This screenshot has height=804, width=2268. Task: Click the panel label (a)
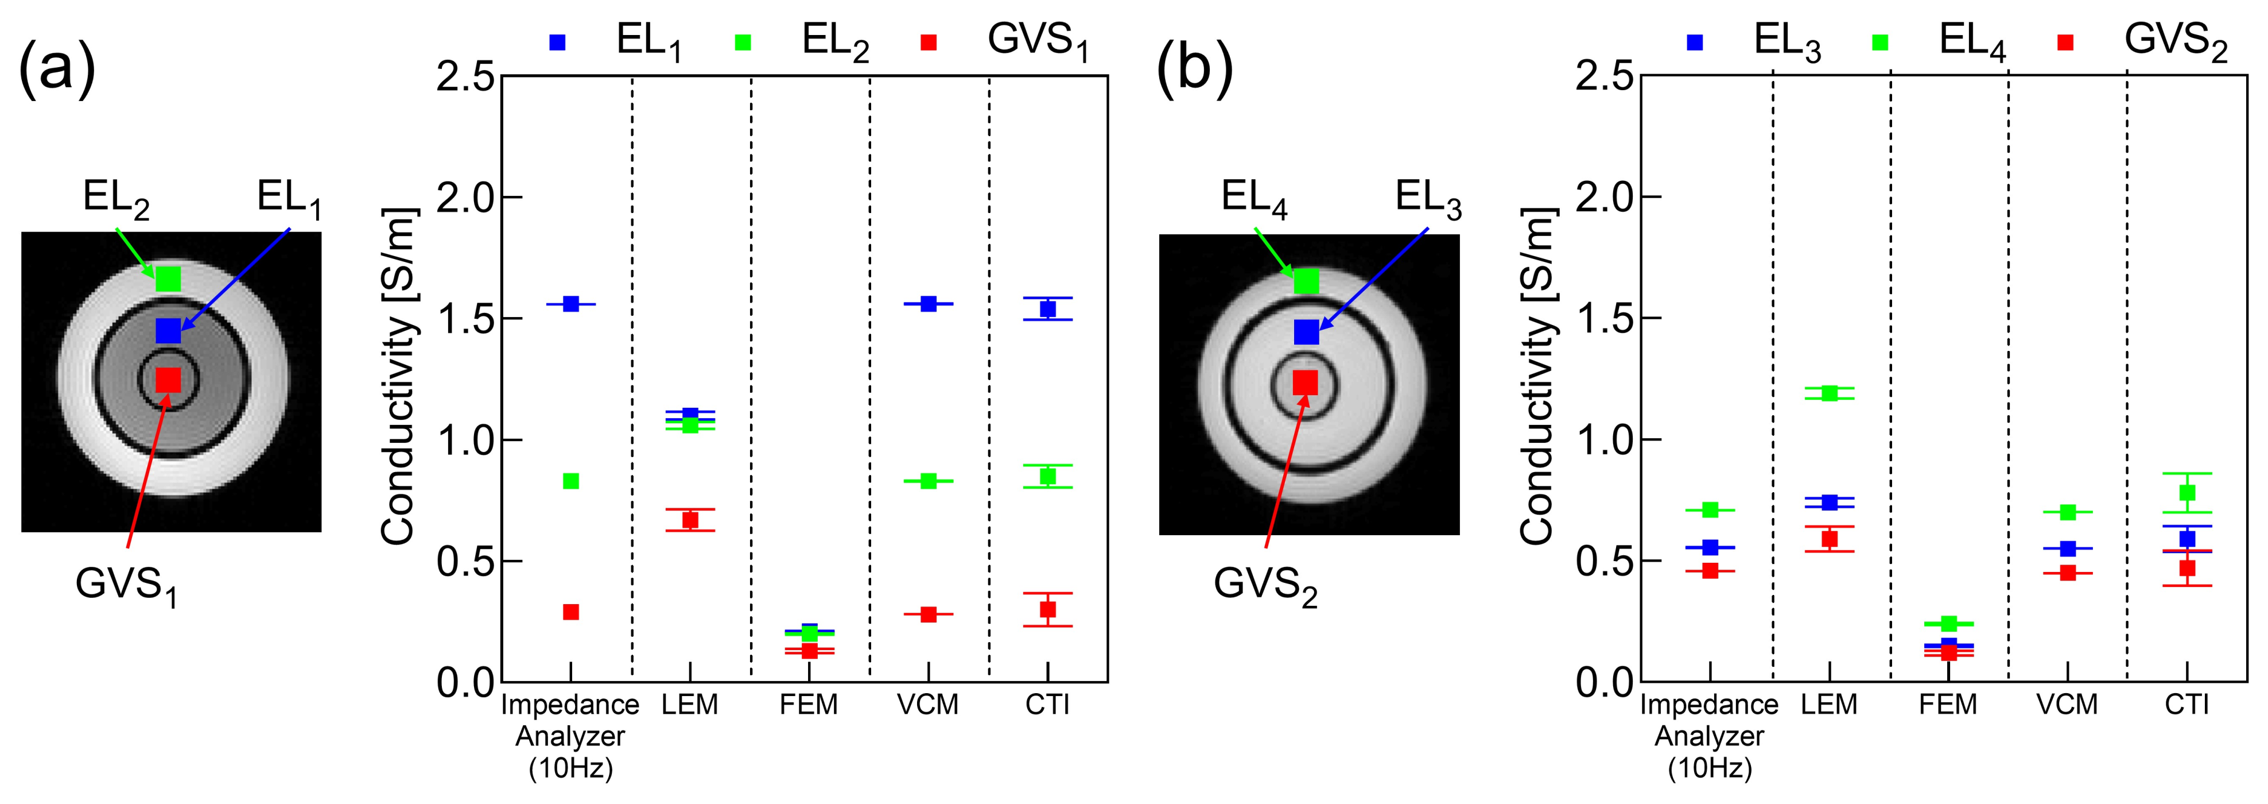tap(56, 69)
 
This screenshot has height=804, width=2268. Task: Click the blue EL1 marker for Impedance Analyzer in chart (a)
tap(570, 304)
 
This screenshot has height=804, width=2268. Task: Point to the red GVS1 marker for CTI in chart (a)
tap(1048, 609)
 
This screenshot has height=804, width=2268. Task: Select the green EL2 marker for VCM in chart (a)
tap(928, 481)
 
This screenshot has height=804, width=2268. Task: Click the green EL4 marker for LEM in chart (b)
tap(1830, 393)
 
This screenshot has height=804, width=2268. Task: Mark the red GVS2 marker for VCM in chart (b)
tap(2067, 573)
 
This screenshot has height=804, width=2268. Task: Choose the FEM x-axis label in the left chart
tap(808, 705)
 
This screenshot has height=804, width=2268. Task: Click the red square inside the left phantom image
tap(168, 380)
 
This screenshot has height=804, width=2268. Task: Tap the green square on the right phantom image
tap(1307, 281)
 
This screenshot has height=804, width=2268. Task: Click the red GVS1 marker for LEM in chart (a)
tap(690, 520)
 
